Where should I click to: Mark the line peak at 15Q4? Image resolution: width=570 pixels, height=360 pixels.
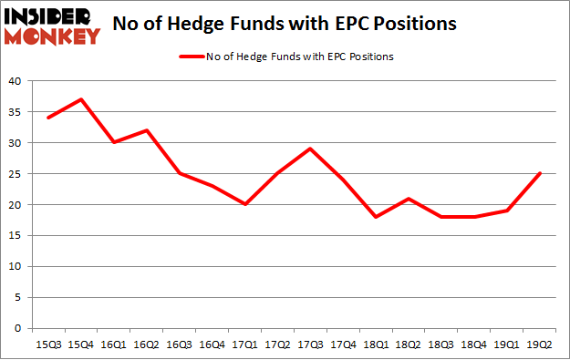[x=81, y=99]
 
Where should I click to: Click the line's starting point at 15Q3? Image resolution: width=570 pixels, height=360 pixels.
[x=48, y=118]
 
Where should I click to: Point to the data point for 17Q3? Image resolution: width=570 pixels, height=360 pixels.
[x=310, y=149]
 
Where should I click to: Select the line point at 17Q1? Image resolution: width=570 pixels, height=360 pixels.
[x=244, y=204]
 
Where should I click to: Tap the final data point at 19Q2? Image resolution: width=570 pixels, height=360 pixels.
[x=539, y=173]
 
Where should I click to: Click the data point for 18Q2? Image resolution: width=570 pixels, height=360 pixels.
[x=409, y=198]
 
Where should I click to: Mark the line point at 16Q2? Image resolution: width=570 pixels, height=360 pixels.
[x=147, y=130]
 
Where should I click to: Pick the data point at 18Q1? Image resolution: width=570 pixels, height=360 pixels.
[x=376, y=217]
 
